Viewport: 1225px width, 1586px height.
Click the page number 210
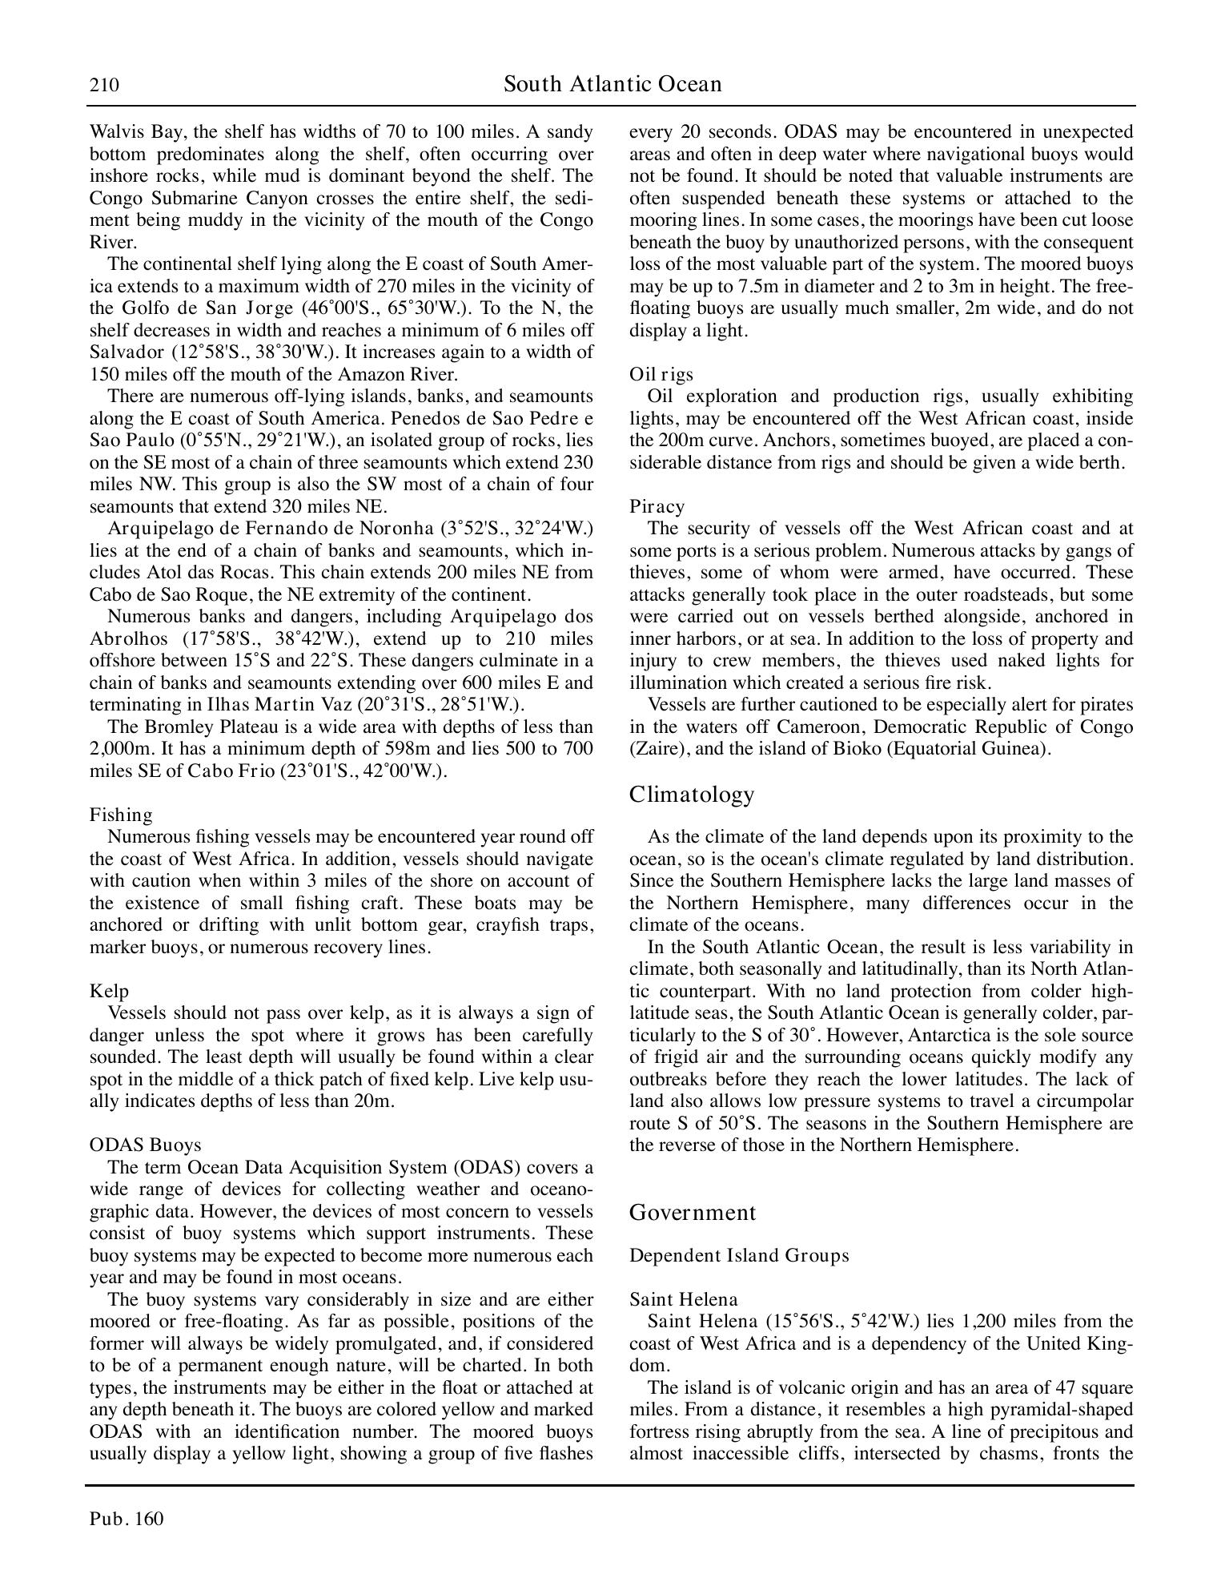click(x=104, y=85)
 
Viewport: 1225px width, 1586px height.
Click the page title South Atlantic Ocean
click(x=612, y=84)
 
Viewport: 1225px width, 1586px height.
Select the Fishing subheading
click(x=121, y=815)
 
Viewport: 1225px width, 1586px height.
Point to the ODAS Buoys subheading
click(x=145, y=1145)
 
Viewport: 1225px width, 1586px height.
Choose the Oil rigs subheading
click(x=661, y=374)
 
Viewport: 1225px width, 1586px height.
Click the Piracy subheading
click(x=657, y=506)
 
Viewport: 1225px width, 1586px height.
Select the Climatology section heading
click(x=692, y=794)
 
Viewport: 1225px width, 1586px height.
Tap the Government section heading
click(x=693, y=1212)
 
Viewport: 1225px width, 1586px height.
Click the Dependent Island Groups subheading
click(x=739, y=1255)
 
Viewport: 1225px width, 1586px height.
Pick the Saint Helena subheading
click(x=683, y=1299)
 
